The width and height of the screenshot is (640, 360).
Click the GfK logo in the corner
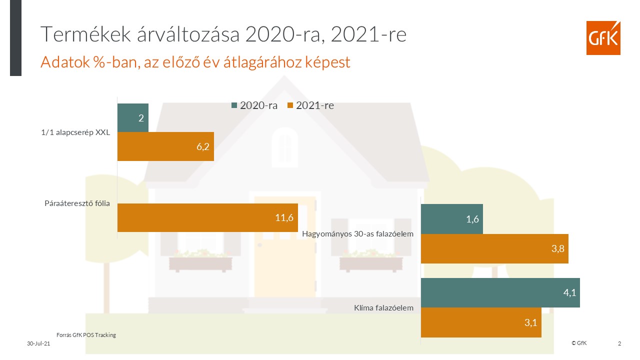[603, 38]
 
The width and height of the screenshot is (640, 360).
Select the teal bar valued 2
[133, 118]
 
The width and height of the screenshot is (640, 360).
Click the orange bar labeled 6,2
[165, 146]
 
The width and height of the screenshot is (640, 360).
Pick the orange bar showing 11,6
[207, 217]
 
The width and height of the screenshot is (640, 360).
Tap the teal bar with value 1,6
[451, 219]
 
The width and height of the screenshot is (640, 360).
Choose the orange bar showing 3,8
[494, 248]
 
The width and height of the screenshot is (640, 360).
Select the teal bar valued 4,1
[500, 292]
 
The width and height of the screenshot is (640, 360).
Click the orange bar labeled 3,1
[481, 322]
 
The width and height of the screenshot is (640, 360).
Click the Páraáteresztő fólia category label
[76, 203]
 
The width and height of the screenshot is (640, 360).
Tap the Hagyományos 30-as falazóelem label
[358, 233]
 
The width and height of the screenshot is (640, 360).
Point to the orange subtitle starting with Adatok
[195, 62]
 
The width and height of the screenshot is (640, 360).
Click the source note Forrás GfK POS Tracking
[85, 335]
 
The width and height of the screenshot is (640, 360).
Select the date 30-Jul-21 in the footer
[38, 343]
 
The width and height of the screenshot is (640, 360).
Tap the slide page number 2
[619, 343]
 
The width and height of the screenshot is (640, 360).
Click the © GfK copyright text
[579, 343]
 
